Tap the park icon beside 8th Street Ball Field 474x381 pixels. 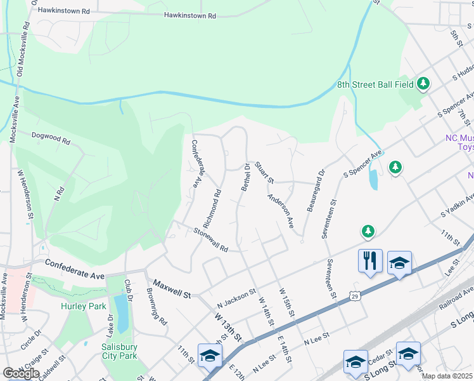point(423,84)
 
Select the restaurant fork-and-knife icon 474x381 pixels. point(370,260)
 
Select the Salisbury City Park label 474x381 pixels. point(120,351)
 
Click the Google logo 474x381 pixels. point(21,373)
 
